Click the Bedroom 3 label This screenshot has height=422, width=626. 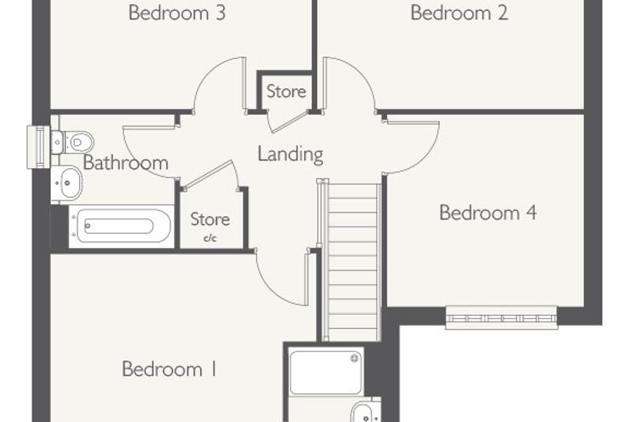[x=177, y=12]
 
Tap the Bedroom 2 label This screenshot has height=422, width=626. [x=460, y=12]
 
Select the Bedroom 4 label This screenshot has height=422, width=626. [x=488, y=212]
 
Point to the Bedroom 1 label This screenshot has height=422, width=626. [x=170, y=368]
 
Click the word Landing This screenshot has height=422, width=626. [x=290, y=154]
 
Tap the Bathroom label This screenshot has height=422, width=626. [x=125, y=162]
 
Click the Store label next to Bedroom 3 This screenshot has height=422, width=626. [x=287, y=91]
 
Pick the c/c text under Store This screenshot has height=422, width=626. [x=210, y=238]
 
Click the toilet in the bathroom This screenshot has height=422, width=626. [x=72, y=142]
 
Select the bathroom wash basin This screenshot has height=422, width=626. [x=66, y=183]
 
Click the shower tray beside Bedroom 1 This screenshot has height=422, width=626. [x=326, y=372]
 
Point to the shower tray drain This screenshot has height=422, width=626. [x=354, y=358]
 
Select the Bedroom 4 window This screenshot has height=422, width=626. [x=502, y=317]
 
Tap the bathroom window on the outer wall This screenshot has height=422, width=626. [x=39, y=147]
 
